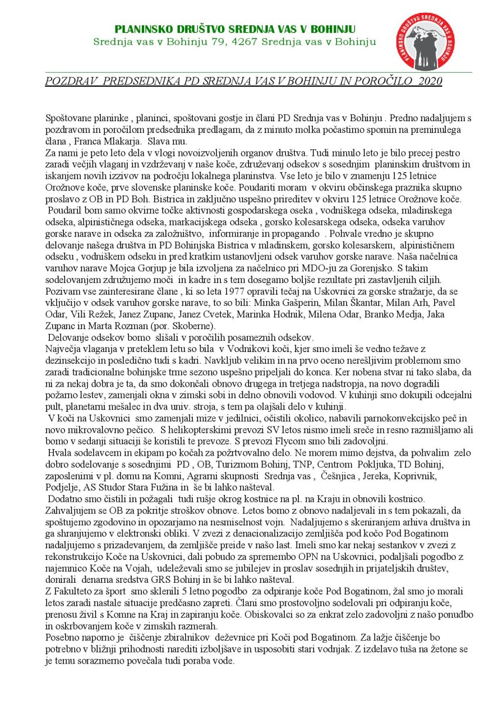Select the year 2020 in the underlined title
(x=430, y=81)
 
